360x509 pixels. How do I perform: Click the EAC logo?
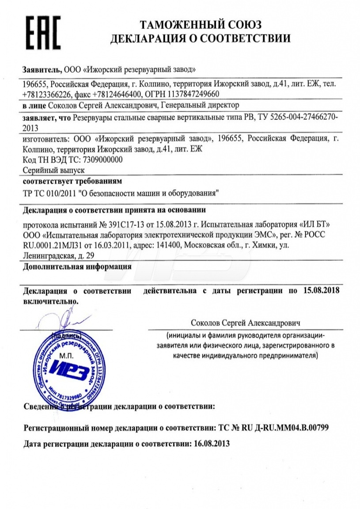coord(43,31)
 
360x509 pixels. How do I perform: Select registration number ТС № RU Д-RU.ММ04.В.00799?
coord(274,428)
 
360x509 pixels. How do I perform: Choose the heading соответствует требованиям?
coord(72,181)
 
